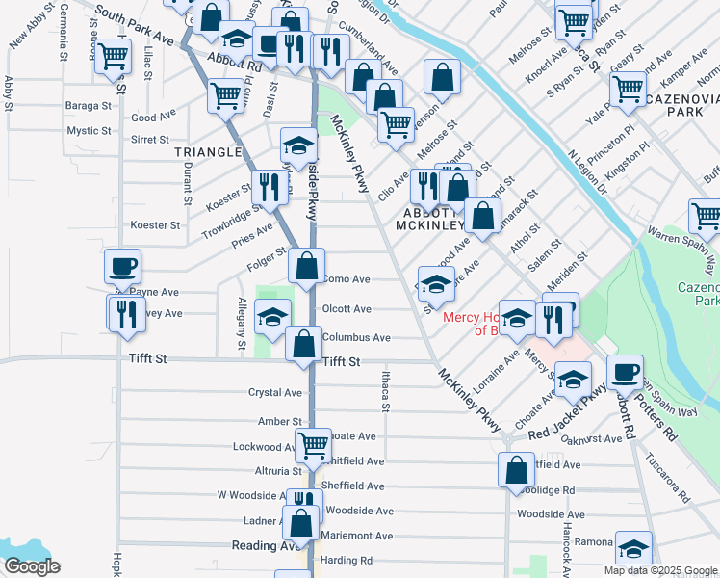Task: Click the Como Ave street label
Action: (x=347, y=279)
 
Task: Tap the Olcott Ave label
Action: (x=347, y=309)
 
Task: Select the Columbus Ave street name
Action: (x=356, y=338)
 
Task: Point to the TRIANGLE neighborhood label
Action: (x=207, y=152)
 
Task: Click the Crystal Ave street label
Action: (x=275, y=393)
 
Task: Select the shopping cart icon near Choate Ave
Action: (x=313, y=444)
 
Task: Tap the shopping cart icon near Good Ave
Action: (x=225, y=94)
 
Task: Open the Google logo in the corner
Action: (x=32, y=566)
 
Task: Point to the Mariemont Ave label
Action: (x=358, y=536)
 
